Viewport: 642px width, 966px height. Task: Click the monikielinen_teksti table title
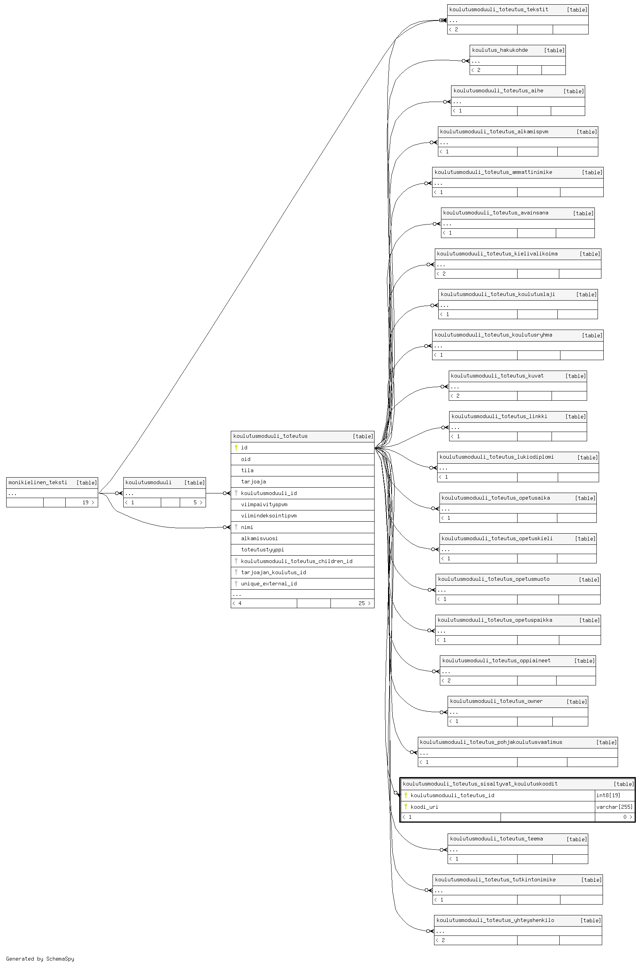point(37,482)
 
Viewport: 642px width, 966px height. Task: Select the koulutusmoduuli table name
point(148,482)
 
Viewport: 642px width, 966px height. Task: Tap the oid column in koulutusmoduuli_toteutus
point(246,459)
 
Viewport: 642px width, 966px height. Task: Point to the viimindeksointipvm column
point(269,516)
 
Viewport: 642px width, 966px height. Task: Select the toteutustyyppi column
point(262,550)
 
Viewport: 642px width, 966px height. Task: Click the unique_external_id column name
point(269,584)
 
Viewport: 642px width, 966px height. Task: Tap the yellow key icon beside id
point(236,447)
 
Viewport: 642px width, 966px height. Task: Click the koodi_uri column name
point(424,807)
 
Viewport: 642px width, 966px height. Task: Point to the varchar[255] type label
point(614,807)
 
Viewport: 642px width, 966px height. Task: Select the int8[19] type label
point(608,795)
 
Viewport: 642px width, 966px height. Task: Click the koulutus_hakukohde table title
point(499,50)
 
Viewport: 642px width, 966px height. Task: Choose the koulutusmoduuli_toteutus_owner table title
point(496,701)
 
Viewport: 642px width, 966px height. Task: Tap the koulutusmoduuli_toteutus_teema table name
point(496,839)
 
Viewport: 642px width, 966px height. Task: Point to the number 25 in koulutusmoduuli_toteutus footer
point(361,603)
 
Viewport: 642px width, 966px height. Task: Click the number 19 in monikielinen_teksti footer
point(85,502)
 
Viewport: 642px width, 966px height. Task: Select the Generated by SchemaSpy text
point(40,959)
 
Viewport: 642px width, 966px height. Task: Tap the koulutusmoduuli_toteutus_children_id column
point(296,561)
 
